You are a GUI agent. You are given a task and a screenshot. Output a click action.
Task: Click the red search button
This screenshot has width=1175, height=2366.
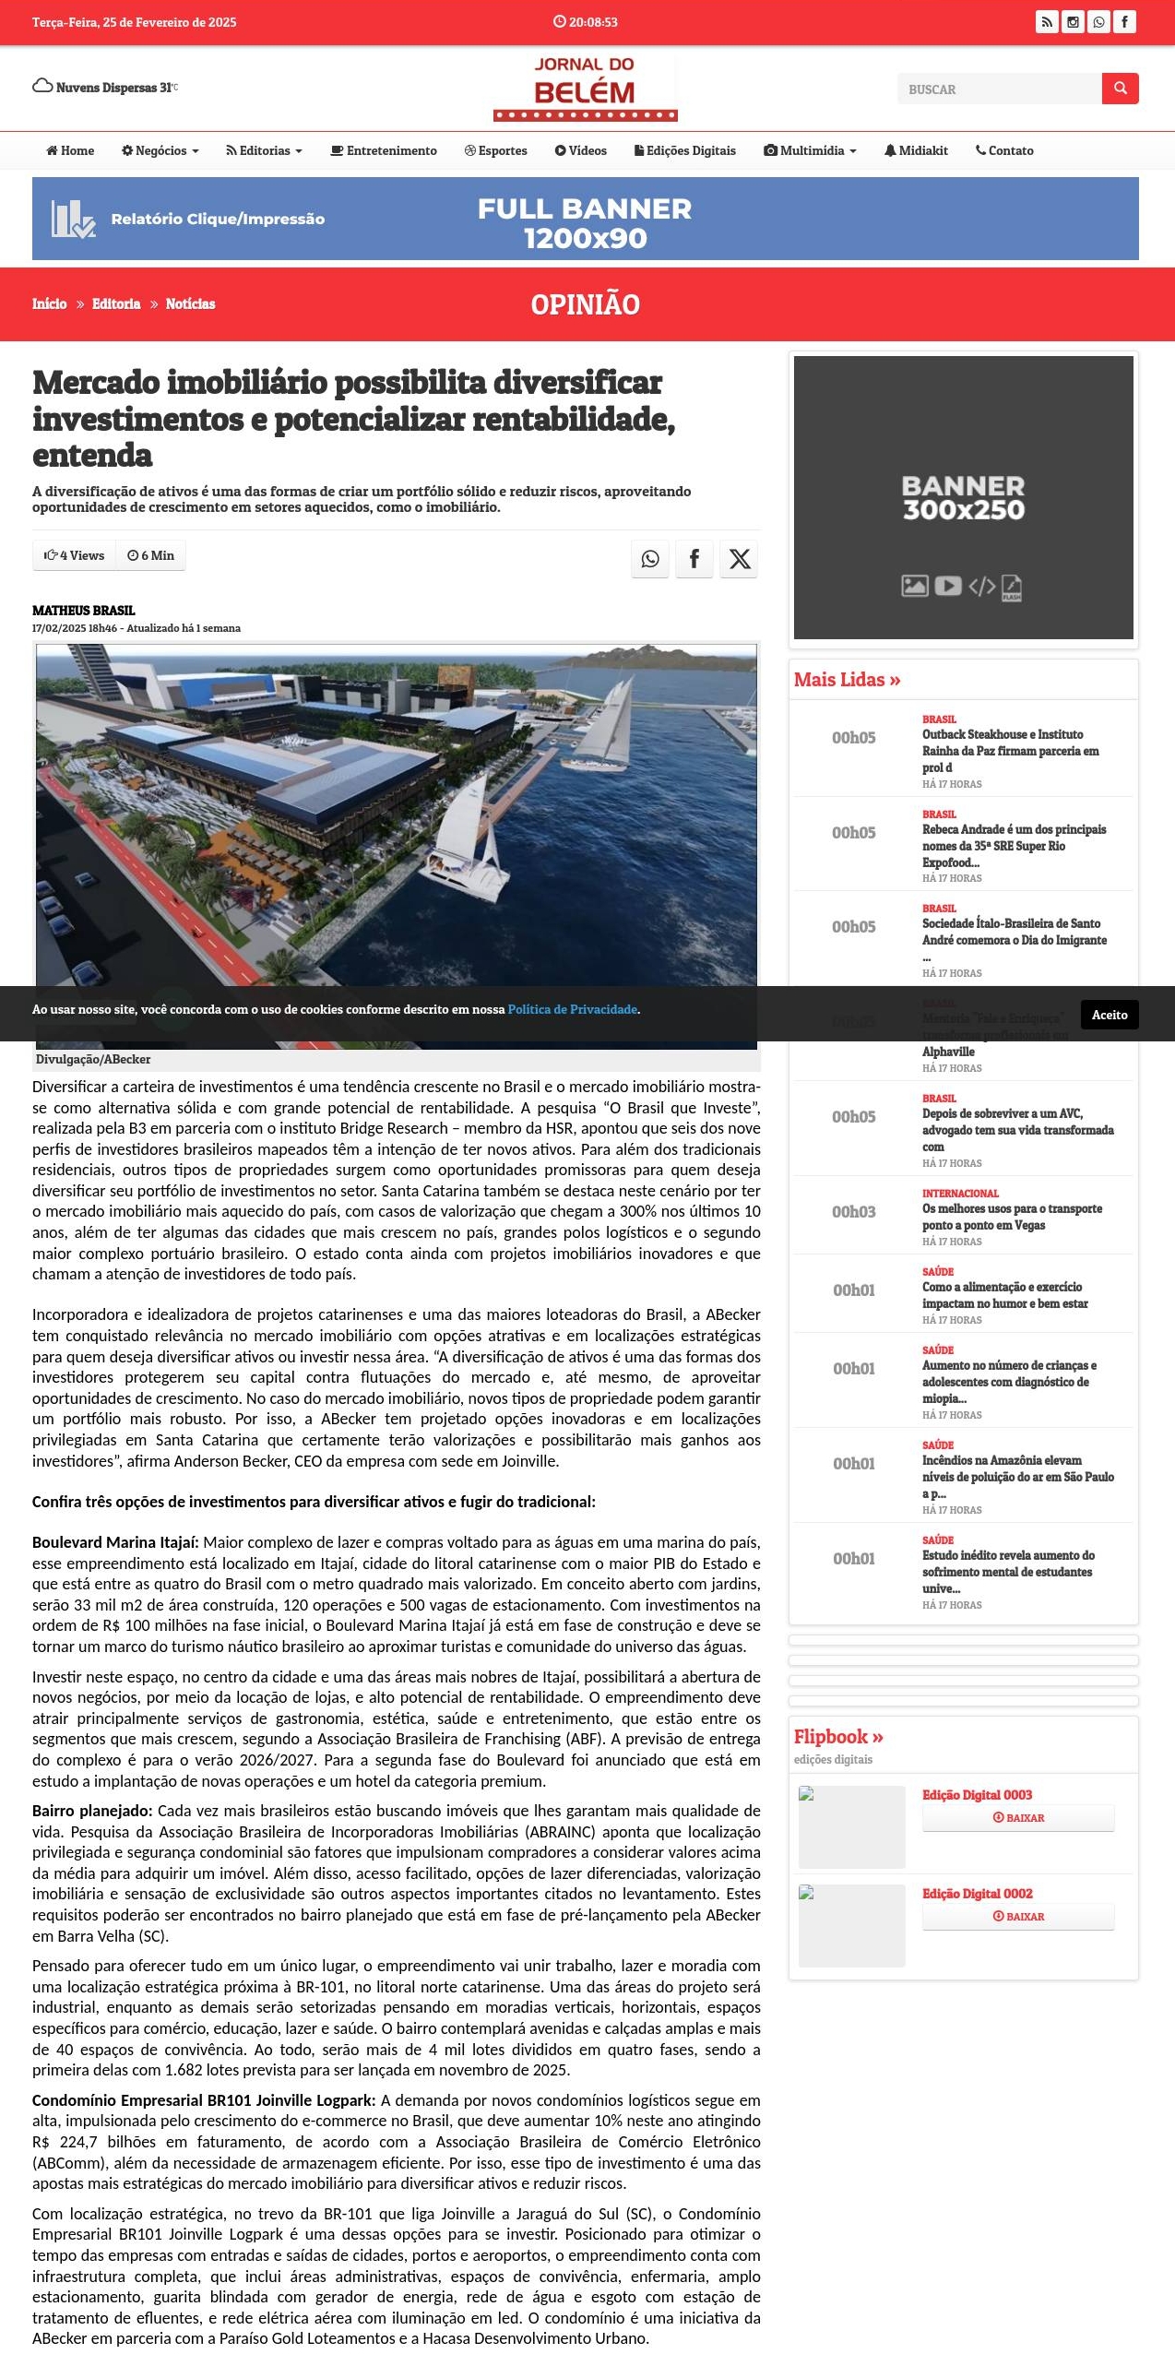(x=1120, y=89)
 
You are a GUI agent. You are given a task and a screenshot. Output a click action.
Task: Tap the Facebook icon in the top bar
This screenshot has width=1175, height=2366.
(x=1124, y=22)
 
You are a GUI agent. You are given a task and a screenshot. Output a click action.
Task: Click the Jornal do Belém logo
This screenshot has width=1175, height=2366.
(x=585, y=89)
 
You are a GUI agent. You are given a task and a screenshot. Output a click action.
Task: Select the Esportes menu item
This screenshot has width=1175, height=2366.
(x=496, y=150)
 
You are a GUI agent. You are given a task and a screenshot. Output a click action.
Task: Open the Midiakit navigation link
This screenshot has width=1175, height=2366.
(x=916, y=150)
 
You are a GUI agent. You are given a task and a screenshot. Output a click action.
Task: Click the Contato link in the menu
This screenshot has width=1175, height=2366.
(x=1004, y=150)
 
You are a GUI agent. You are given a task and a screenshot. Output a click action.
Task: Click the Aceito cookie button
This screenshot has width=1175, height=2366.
(x=1110, y=1015)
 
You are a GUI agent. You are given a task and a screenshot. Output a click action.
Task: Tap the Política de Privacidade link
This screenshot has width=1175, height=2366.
(x=572, y=1009)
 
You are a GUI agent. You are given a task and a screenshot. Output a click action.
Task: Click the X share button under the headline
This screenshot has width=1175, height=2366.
(x=739, y=559)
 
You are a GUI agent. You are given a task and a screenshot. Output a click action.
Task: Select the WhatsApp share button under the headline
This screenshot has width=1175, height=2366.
(x=650, y=559)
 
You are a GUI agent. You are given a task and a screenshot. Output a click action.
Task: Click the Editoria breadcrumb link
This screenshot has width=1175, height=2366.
(x=116, y=303)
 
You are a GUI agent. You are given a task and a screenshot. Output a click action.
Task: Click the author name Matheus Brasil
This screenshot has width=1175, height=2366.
(x=83, y=611)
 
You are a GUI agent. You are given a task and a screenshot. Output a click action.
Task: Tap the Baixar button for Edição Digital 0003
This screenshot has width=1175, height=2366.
(x=1018, y=1817)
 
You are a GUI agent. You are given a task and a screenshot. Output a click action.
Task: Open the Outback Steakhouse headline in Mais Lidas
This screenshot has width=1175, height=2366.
(x=1010, y=751)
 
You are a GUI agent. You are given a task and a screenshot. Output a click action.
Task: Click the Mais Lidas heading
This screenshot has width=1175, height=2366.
(x=847, y=680)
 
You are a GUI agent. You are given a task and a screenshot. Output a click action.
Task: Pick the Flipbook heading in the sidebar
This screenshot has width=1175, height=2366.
(x=837, y=1737)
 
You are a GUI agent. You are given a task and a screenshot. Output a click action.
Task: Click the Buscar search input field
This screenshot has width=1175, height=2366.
(x=999, y=89)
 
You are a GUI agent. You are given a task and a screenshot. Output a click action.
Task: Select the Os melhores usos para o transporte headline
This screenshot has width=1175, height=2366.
(x=1012, y=1217)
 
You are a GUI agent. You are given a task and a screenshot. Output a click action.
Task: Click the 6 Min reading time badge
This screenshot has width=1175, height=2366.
(x=151, y=555)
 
